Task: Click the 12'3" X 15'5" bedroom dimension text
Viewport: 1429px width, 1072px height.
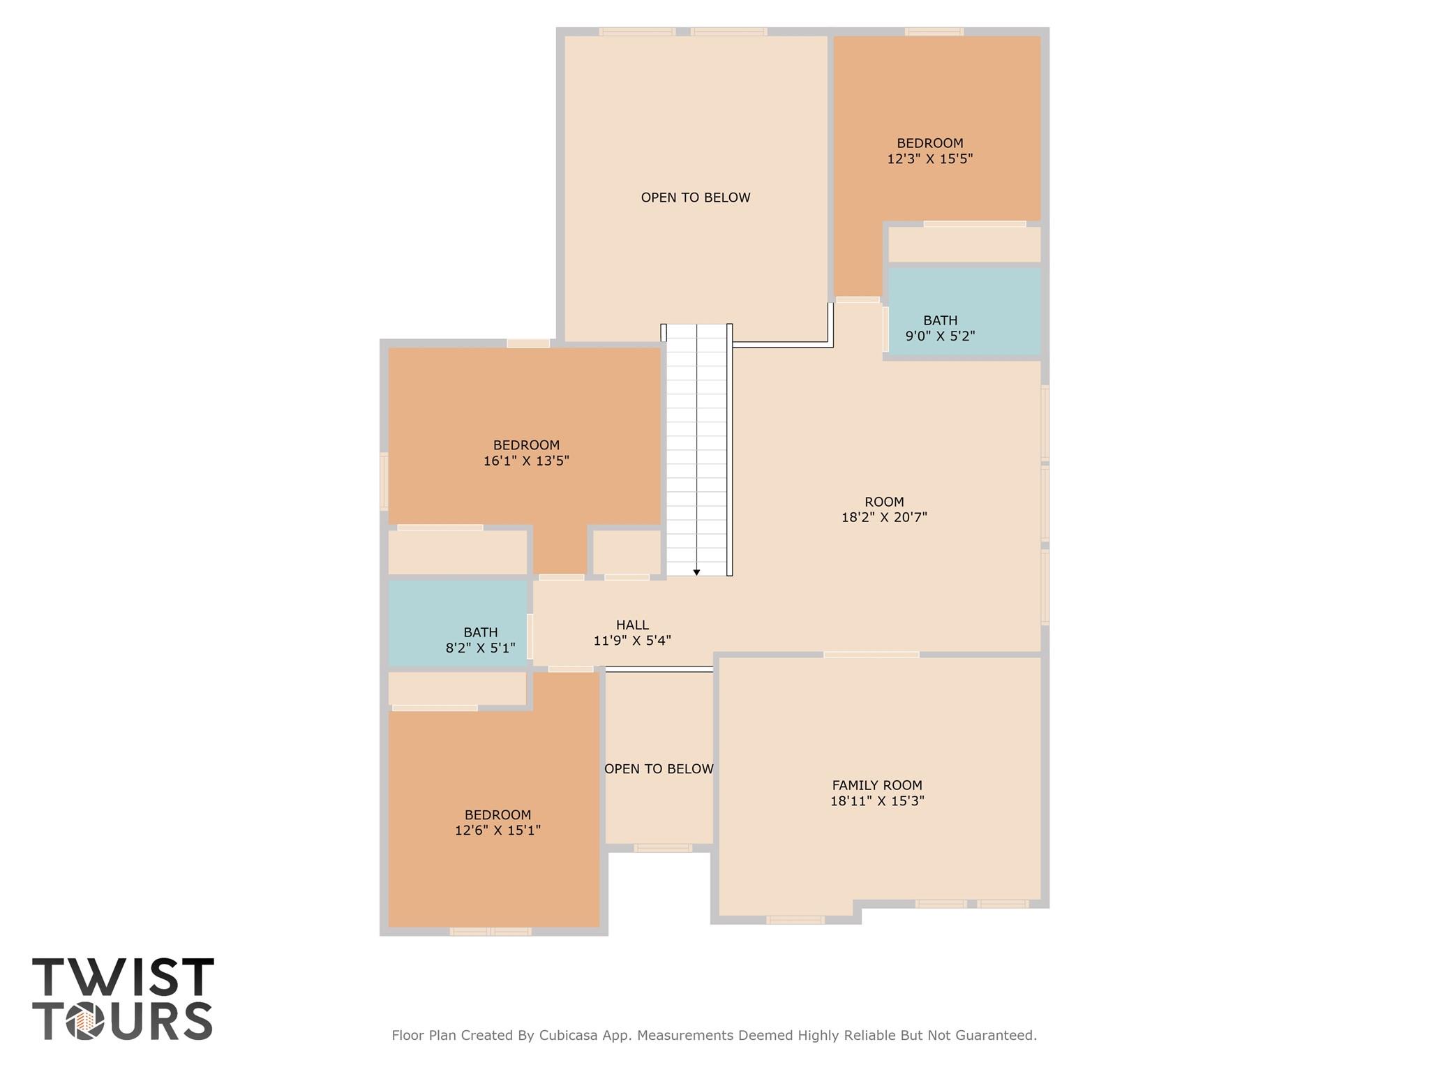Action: point(929,159)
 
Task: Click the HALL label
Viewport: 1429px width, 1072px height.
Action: point(632,625)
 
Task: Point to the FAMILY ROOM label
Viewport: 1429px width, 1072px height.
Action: point(877,785)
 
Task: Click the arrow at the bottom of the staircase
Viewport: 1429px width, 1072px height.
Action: point(696,572)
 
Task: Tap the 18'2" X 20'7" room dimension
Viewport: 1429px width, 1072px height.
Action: point(884,518)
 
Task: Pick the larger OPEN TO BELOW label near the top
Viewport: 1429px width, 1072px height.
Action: point(696,198)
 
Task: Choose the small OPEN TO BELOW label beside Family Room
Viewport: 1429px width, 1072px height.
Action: point(659,769)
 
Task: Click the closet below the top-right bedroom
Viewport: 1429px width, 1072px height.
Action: point(964,245)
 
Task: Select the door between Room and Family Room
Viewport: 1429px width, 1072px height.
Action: point(871,655)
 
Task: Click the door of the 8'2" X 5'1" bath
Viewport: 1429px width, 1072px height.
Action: point(530,636)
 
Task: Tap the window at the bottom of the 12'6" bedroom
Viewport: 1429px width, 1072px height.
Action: point(491,931)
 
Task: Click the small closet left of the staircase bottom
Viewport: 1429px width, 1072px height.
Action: point(626,552)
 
